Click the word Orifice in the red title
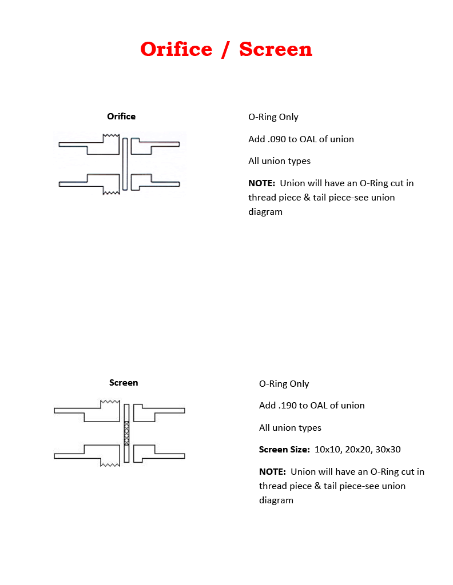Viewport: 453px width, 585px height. (x=176, y=49)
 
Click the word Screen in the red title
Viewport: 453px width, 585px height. (x=276, y=49)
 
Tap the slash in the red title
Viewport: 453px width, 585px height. (x=226, y=49)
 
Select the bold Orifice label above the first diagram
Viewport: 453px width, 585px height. (x=121, y=117)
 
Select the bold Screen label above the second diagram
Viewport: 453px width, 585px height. (x=124, y=383)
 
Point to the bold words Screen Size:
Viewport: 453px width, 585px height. (x=284, y=450)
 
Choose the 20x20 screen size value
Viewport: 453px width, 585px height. (x=357, y=450)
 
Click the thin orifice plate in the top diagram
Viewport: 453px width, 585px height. (x=125, y=163)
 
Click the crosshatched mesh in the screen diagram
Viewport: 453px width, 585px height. (x=126, y=433)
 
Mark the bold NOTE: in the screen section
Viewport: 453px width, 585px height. (x=272, y=472)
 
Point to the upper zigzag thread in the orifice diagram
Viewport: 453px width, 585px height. (x=111, y=136)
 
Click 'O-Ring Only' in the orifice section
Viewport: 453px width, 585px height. (x=273, y=117)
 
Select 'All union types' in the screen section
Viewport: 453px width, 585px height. (x=290, y=428)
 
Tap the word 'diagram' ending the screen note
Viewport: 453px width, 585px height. (x=276, y=500)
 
